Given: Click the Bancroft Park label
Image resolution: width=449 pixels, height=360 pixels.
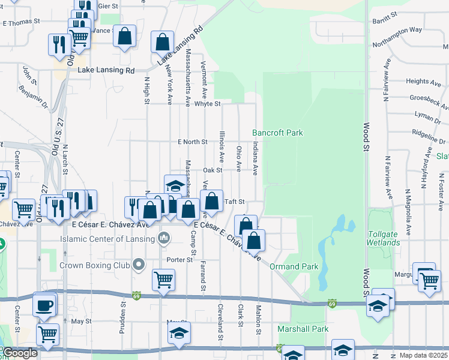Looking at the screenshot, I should pyautogui.click(x=277, y=133).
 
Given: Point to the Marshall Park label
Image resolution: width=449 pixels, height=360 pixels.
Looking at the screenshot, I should pyautogui.click(x=303, y=329).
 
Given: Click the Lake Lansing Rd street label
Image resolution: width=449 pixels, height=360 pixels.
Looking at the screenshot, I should pyautogui.click(x=106, y=70).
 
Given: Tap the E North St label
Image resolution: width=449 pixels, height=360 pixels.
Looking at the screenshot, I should pyautogui.click(x=192, y=142).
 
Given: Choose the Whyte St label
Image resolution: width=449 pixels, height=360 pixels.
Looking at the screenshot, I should pyautogui.click(x=208, y=104).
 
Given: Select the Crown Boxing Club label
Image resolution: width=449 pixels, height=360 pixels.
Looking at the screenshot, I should pyautogui.click(x=96, y=265).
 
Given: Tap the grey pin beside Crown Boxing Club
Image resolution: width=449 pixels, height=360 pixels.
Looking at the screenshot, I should pyautogui.click(x=139, y=264).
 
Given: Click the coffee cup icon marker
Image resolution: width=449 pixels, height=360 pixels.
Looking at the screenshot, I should pyautogui.click(x=45, y=305).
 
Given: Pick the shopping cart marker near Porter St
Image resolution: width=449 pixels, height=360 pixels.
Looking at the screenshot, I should pyautogui.click(x=163, y=279).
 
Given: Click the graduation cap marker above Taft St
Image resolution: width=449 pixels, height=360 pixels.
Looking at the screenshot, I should pyautogui.click(x=176, y=185).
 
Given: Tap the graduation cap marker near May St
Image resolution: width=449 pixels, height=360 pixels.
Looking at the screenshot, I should pyautogui.click(x=179, y=333).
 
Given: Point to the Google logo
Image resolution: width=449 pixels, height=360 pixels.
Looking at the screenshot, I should pyautogui.click(x=20, y=353).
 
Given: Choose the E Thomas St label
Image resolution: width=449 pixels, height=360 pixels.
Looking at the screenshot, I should pyautogui.click(x=21, y=21).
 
